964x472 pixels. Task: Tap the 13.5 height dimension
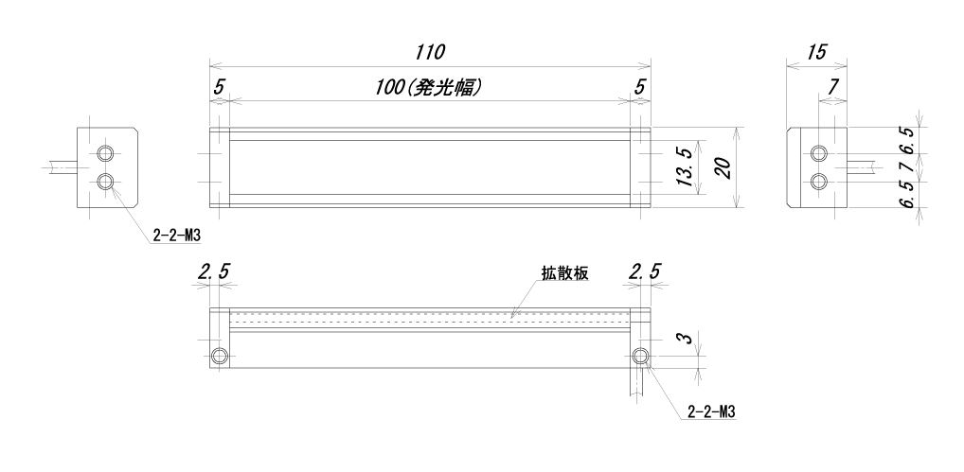pyautogui.click(x=687, y=168)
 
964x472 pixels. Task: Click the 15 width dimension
pyautogui.click(x=813, y=50)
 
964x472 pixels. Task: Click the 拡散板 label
pyautogui.click(x=565, y=273)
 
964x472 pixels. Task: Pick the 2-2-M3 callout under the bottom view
pyautogui.click(x=711, y=412)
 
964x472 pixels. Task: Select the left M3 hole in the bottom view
pyautogui.click(x=221, y=356)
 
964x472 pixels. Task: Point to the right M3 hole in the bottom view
pyautogui.click(x=641, y=356)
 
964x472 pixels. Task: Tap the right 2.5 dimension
pyautogui.click(x=643, y=273)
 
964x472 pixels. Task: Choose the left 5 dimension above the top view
pyautogui.click(x=220, y=86)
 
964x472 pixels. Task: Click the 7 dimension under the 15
pyautogui.click(x=832, y=87)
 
